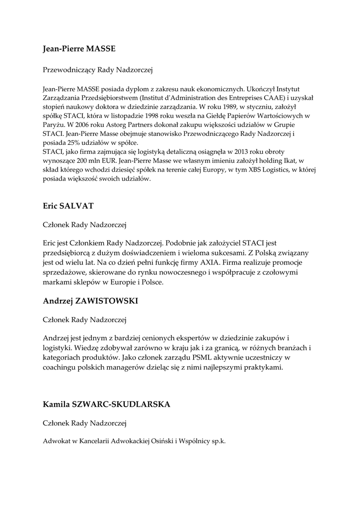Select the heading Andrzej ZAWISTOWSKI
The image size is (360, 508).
coord(90,301)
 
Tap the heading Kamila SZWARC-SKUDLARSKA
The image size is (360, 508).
coord(107,404)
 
